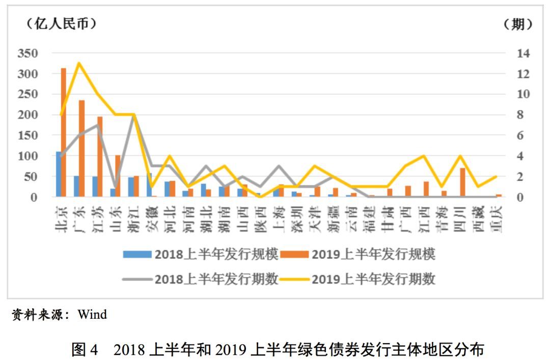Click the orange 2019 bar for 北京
point(64,132)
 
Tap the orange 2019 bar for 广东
point(82,148)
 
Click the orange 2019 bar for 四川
point(462,182)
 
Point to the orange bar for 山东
point(118,176)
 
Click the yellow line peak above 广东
point(79,63)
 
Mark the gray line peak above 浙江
point(133,115)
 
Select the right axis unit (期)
point(518,24)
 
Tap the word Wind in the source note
point(92,315)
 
